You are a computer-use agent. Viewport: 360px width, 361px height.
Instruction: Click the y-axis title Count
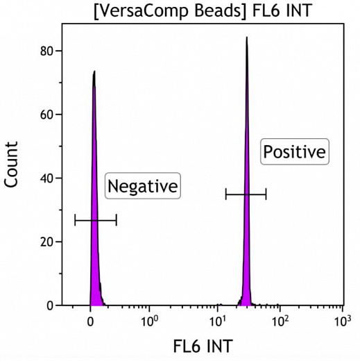pyautogui.click(x=11, y=165)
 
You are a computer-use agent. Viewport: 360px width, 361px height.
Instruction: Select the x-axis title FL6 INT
pyautogui.click(x=203, y=345)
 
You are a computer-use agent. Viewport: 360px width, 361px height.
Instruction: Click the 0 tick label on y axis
pyautogui.click(x=50, y=305)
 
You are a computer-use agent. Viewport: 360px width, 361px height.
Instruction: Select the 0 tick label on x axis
pyautogui.click(x=90, y=321)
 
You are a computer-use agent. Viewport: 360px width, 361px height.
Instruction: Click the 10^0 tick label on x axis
pyautogui.click(x=149, y=321)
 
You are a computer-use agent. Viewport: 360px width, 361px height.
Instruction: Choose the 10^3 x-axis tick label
pyautogui.click(x=341, y=321)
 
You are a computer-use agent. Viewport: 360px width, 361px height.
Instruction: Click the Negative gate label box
pyautogui.click(x=142, y=186)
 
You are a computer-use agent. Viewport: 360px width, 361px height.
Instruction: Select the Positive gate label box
pyautogui.click(x=293, y=152)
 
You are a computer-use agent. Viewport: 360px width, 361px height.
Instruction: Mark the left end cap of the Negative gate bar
pyautogui.click(x=75, y=220)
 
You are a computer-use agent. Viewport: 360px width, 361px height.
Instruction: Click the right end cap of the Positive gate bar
pyautogui.click(x=266, y=194)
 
